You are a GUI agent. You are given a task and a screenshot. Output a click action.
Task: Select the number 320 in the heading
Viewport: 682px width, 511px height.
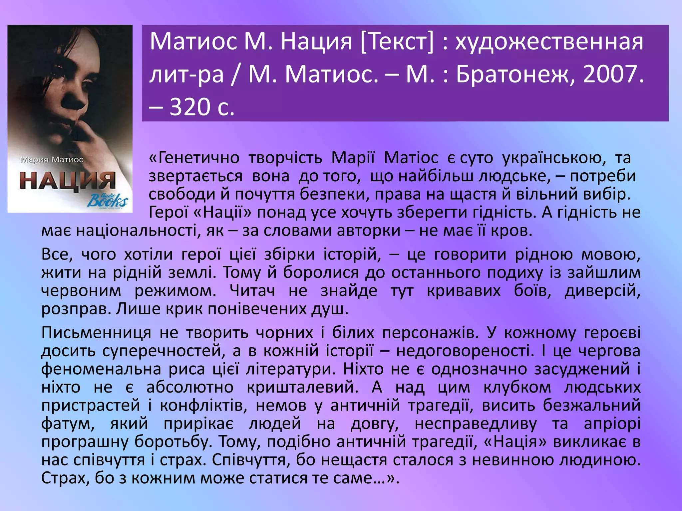189,107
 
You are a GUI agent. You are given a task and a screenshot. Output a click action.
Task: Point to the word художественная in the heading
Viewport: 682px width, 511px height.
549,42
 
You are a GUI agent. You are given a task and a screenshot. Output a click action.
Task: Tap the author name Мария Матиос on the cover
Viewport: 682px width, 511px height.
52,160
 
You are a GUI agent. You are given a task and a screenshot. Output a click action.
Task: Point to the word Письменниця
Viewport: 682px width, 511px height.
96,333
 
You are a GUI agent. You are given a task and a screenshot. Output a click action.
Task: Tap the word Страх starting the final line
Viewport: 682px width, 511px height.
65,478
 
